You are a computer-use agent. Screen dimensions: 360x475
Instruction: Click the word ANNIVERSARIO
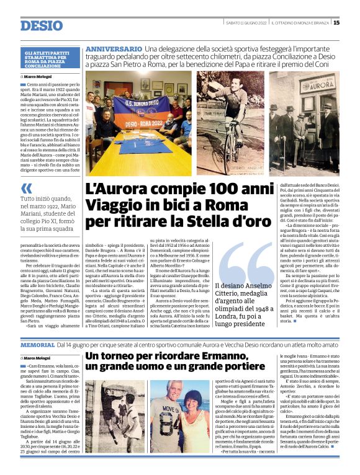click(113, 49)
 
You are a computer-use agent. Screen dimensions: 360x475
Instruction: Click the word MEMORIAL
click(37, 344)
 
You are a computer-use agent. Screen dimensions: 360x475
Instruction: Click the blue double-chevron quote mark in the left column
click(26, 189)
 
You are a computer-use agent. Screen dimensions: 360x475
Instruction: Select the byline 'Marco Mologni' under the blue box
click(40, 77)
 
